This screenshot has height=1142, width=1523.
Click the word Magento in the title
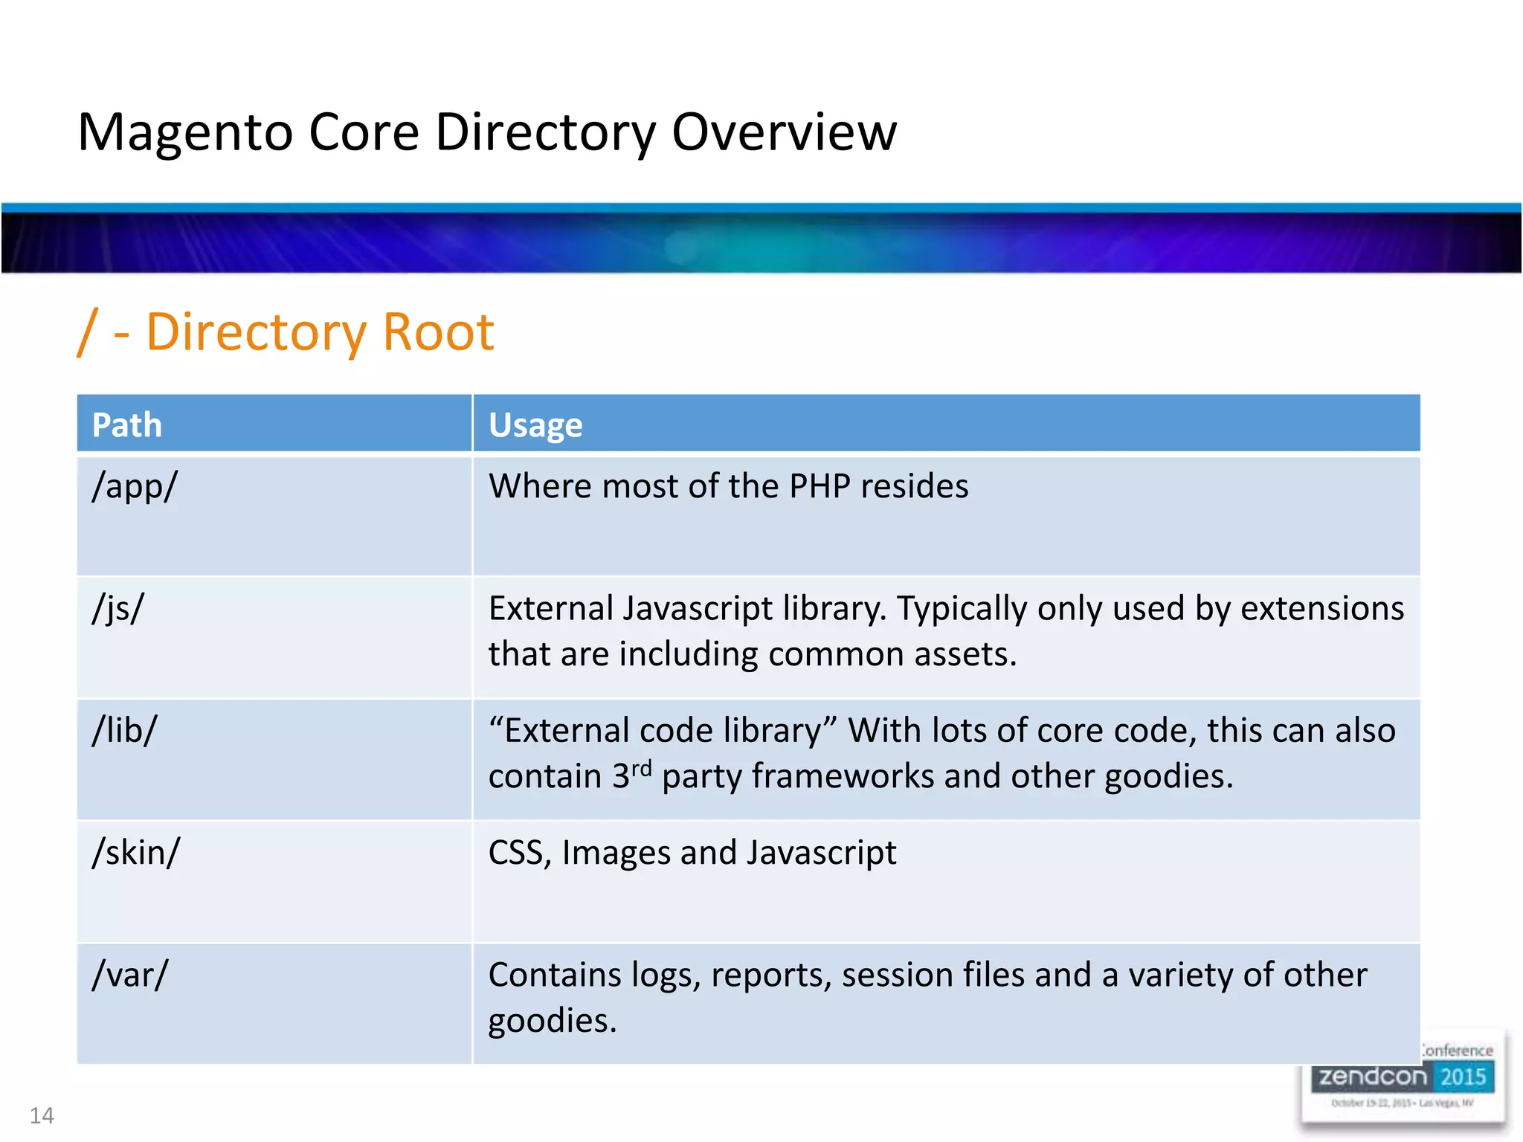pos(186,133)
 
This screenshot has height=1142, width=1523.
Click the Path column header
pos(126,425)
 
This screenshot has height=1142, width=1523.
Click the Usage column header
pos(535,425)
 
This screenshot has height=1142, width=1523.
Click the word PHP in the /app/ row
pos(820,486)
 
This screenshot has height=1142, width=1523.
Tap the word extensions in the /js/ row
pos(1321,608)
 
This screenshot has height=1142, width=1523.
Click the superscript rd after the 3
pos(641,767)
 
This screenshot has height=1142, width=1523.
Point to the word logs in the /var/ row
pos(666,975)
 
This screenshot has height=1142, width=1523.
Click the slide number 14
pos(42,1115)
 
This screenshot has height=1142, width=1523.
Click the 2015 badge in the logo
pos(1462,1077)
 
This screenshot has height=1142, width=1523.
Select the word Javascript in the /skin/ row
pos(821,853)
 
